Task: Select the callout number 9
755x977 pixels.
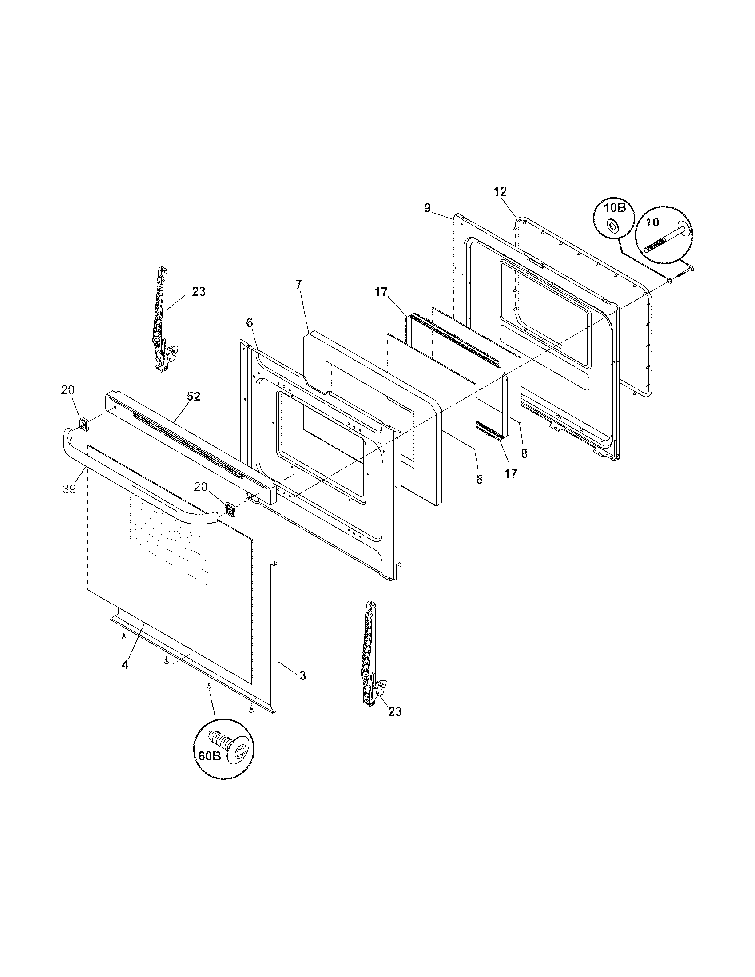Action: [427, 207]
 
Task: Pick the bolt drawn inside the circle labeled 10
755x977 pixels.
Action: [664, 239]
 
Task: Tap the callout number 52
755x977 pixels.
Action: [194, 396]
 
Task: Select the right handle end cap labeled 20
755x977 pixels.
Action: [230, 508]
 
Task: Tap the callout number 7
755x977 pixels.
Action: [298, 284]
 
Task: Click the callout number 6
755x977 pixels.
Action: [249, 322]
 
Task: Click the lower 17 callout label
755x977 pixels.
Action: [511, 473]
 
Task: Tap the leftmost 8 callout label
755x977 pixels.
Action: [479, 479]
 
